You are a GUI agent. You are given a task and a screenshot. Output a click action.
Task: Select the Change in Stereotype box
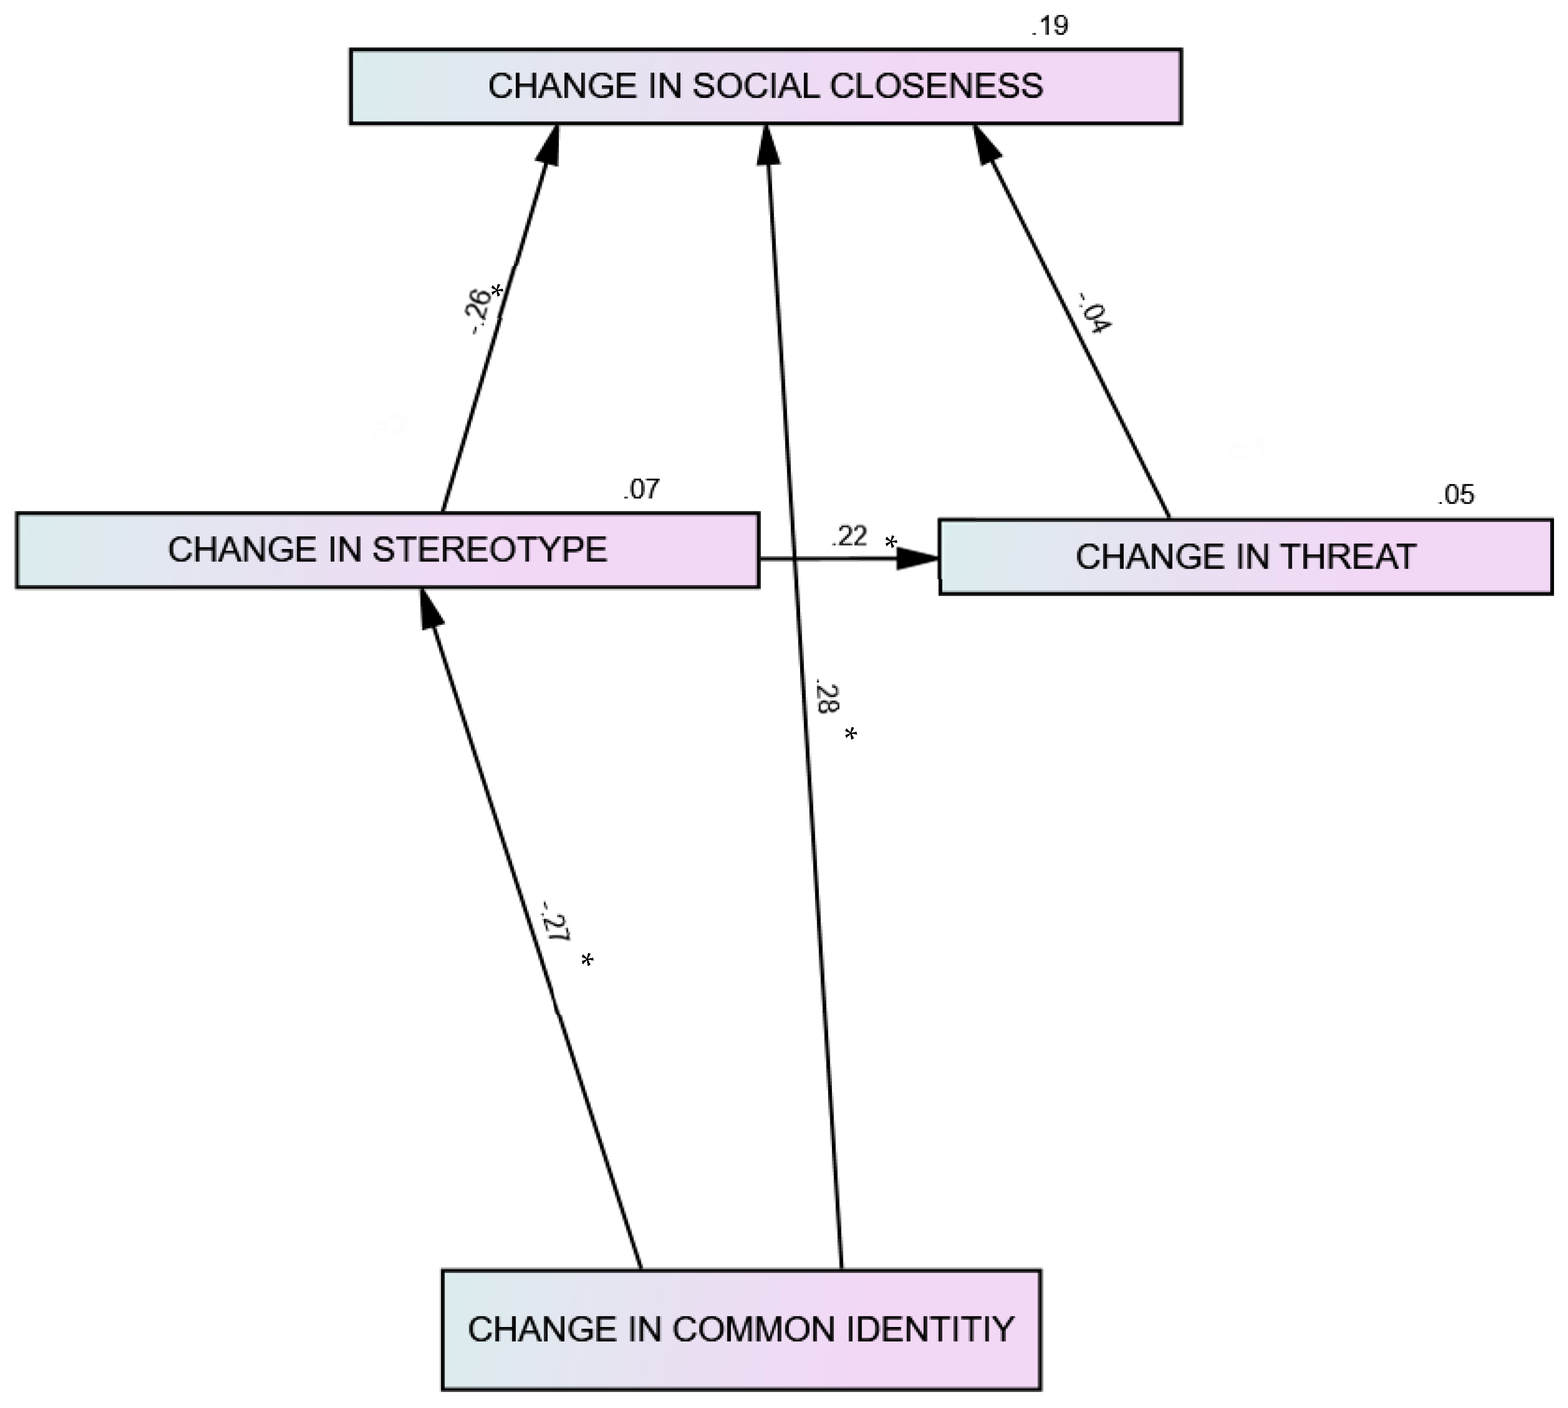tap(387, 550)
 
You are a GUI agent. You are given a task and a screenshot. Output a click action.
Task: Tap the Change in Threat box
tap(1245, 557)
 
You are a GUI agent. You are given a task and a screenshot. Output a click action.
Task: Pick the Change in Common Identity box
tap(741, 1329)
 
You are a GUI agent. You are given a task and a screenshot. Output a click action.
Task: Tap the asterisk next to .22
tap(891, 543)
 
